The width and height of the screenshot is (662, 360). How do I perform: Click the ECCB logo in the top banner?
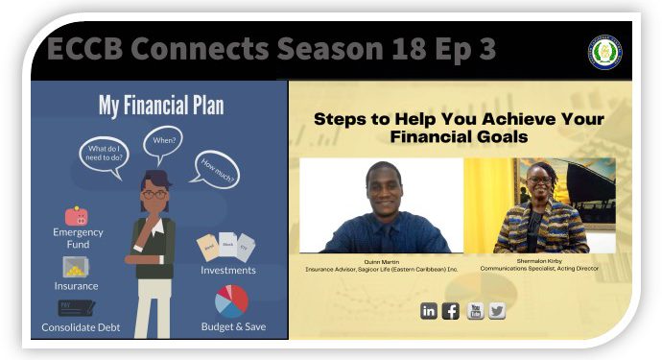(x=605, y=52)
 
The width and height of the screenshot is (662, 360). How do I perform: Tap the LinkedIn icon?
(x=429, y=310)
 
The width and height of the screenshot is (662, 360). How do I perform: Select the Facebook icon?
(x=451, y=310)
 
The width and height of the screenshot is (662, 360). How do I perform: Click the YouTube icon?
(x=475, y=310)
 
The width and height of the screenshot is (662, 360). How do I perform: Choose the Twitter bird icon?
(x=497, y=310)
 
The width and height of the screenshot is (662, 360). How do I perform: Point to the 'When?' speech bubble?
(x=162, y=141)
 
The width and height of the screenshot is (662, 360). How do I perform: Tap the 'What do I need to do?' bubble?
(x=104, y=154)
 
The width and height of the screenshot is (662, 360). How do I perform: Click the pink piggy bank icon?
(x=77, y=217)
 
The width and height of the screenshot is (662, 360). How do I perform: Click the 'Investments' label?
(x=228, y=270)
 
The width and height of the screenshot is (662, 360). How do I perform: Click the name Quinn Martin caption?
(x=382, y=260)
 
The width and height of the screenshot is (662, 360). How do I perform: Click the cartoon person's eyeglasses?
(x=153, y=193)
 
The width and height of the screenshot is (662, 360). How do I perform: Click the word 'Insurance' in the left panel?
(x=77, y=286)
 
